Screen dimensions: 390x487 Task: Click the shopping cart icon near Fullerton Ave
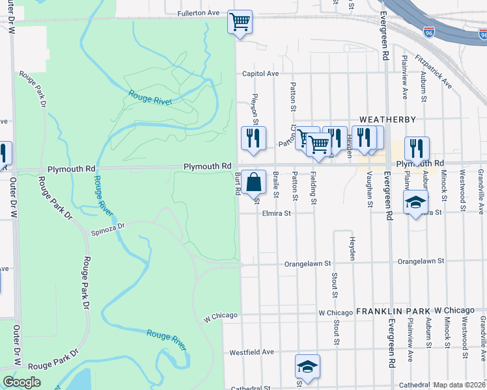[x=240, y=21]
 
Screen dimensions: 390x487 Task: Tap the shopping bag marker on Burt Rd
[x=256, y=181]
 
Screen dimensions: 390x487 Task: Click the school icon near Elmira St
[x=415, y=201]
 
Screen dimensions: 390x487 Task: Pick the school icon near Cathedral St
[x=307, y=366]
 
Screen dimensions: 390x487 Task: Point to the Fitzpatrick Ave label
[x=438, y=71]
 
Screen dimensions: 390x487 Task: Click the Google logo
[x=21, y=382]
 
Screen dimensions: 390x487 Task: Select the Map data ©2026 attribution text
[x=459, y=385]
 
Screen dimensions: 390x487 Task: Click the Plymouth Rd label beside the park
[x=208, y=166]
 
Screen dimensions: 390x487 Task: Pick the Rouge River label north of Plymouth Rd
[x=149, y=97]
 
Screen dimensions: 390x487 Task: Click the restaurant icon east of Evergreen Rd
[x=416, y=149]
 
